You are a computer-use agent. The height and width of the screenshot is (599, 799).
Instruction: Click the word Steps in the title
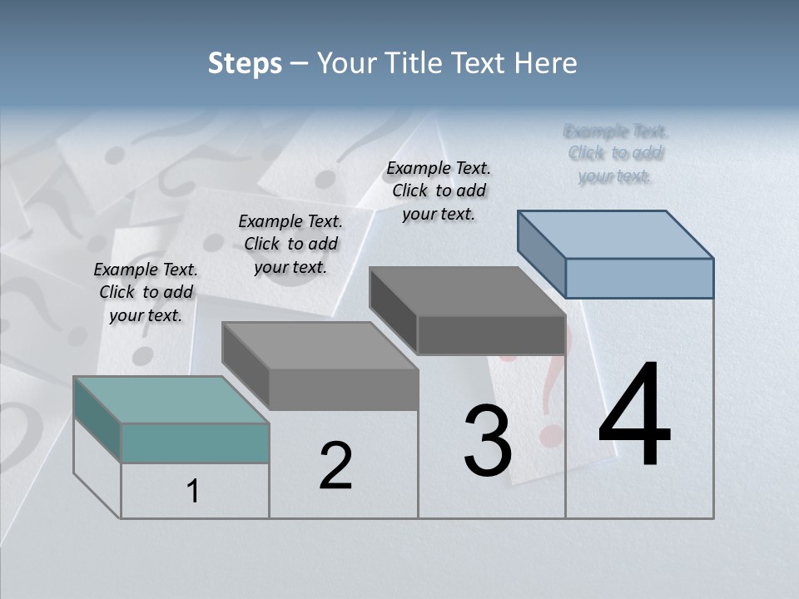tap(245, 64)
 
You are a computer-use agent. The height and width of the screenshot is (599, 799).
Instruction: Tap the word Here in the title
tap(548, 63)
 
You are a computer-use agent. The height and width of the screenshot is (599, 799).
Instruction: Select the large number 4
tap(634, 415)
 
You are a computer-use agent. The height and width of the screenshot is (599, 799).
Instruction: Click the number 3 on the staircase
tap(488, 441)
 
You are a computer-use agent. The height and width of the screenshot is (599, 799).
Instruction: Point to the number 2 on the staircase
tap(335, 466)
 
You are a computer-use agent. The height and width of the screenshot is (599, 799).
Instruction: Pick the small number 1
tap(192, 492)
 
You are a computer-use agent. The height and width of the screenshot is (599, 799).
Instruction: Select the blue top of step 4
tap(616, 234)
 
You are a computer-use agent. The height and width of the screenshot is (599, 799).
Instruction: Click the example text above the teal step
tap(146, 292)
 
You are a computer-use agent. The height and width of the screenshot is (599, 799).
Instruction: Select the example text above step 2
tap(290, 244)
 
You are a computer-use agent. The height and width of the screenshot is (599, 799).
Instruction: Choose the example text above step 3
tap(439, 191)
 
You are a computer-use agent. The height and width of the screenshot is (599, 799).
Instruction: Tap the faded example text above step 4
tap(616, 153)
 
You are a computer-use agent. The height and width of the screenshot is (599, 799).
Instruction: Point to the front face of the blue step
tap(639, 278)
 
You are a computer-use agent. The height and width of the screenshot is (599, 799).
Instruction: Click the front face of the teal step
tap(195, 443)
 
